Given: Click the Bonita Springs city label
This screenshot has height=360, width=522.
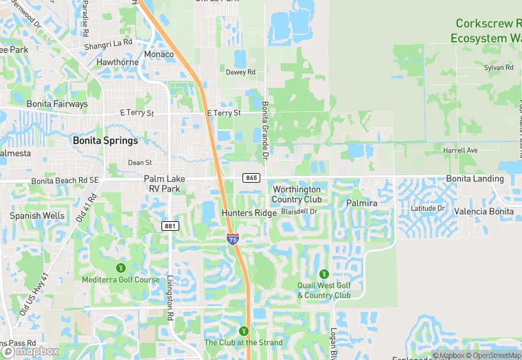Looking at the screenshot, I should pos(105,140).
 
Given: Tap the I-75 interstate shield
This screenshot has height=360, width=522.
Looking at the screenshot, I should pos(234,239).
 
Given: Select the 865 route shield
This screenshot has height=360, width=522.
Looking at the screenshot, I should pos(251,178).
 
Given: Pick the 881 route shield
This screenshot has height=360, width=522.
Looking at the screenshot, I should pos(170,225).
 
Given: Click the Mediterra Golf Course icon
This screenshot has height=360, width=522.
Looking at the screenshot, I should pos(121,267).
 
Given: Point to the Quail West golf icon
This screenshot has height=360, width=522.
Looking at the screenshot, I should pos(324,273).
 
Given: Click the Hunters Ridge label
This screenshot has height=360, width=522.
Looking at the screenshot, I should pos(249,214).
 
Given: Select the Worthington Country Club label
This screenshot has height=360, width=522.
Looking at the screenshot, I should pos(297,194).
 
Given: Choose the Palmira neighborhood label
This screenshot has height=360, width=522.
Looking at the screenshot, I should pos(362,204).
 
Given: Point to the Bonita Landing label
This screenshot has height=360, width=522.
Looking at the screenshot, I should pos(475,179).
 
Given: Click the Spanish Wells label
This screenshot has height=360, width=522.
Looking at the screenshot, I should pos(37,216).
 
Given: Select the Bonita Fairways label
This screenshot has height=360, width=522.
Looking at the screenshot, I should pos(57,104).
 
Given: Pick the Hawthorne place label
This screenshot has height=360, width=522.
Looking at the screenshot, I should pos(118,62).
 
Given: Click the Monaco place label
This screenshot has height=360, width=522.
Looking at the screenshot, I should pos(159,54).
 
